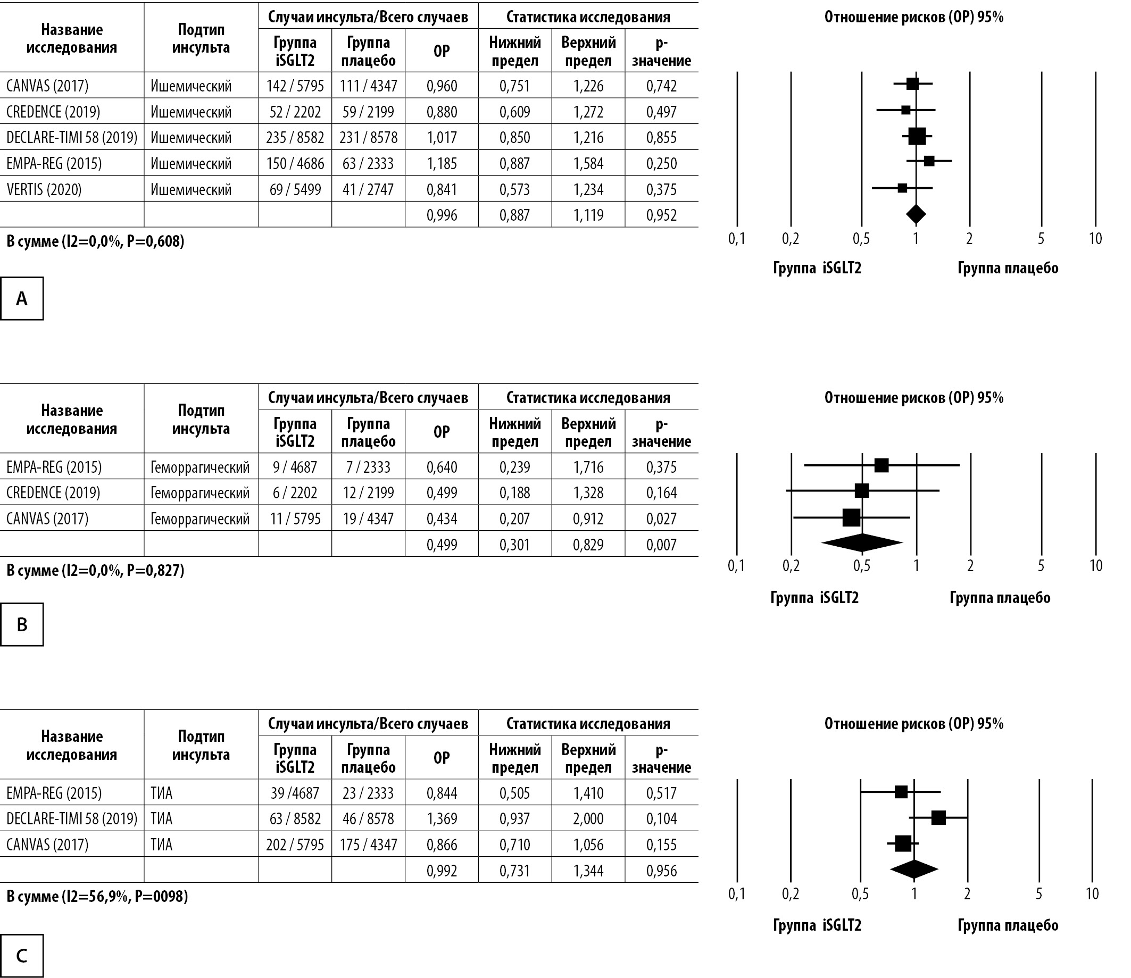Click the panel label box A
[x=22, y=298]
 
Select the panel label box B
[x=22, y=624]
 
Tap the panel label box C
[x=22, y=956]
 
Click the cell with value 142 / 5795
[x=295, y=86]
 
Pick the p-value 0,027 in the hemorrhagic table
[x=662, y=519]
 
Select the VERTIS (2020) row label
[x=44, y=189]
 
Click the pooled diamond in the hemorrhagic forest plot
[x=862, y=542]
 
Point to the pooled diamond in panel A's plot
[x=916, y=214]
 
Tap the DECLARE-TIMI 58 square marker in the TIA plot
[x=938, y=817]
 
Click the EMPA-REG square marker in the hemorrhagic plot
[x=881, y=465]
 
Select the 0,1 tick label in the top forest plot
[x=737, y=238]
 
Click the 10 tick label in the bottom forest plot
[x=1092, y=893]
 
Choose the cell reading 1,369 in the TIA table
[x=442, y=818]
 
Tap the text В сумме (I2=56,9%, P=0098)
[x=97, y=896]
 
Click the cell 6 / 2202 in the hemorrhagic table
[x=295, y=493]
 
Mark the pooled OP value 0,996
[x=442, y=215]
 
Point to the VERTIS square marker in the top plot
[x=902, y=188]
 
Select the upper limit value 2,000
[x=588, y=818]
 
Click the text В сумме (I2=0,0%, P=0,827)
[x=96, y=570]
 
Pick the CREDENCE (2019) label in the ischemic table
[x=54, y=112]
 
